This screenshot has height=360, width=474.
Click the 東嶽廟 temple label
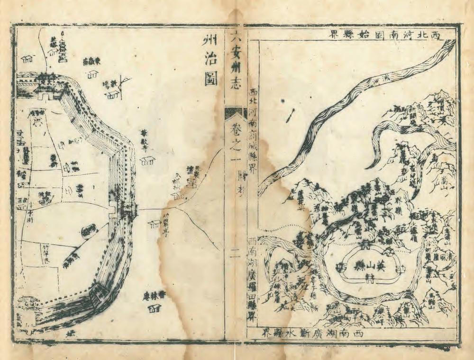click(91, 62)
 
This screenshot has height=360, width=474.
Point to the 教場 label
click(108, 85)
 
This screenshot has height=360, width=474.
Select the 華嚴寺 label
click(145, 140)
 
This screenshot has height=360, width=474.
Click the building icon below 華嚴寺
click(147, 161)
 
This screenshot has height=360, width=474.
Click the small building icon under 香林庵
click(153, 309)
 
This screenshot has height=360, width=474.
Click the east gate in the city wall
click(124, 209)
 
